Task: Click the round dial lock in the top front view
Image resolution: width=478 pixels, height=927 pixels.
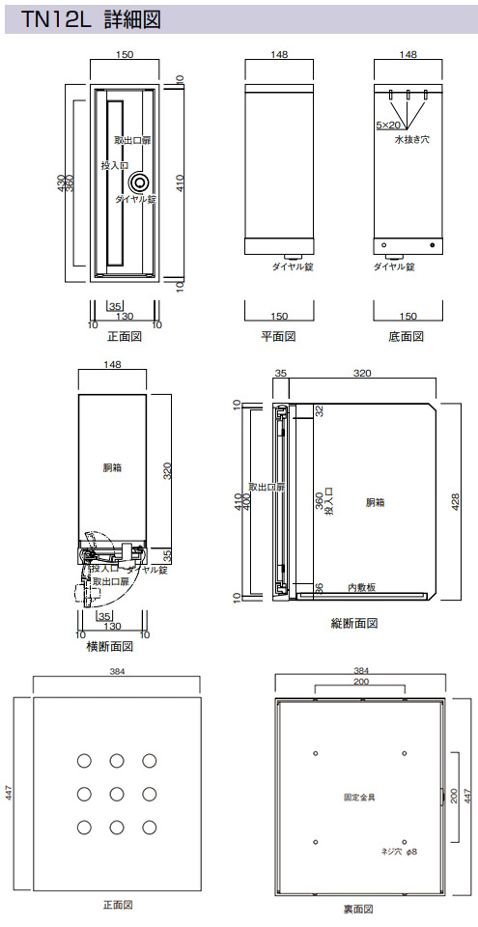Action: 141,181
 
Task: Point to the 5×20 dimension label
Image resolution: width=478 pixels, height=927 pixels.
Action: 388,126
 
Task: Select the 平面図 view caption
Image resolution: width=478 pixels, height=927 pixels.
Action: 279,337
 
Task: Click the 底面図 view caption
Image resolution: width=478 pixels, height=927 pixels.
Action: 407,337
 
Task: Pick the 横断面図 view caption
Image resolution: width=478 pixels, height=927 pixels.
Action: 110,646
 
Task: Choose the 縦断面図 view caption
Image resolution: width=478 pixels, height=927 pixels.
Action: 354,623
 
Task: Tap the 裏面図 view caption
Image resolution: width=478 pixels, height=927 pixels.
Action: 358,909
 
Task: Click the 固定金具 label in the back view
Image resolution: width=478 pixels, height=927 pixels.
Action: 359,797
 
